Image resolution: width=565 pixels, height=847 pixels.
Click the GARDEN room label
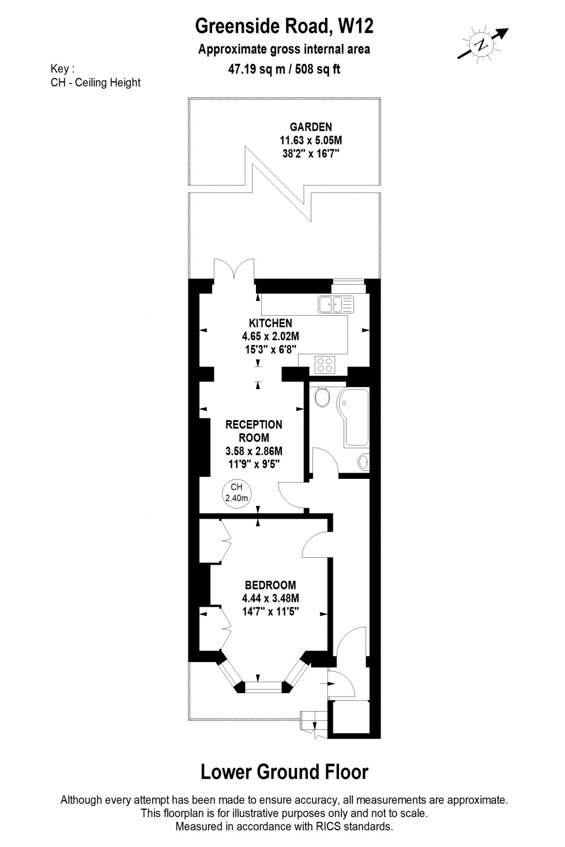311,127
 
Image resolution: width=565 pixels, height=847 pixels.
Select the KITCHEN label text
270,323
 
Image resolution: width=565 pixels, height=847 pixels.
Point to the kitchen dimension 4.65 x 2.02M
270,336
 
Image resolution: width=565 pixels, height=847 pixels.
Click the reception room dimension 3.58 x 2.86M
254,451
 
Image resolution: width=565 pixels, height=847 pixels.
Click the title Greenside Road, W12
284,26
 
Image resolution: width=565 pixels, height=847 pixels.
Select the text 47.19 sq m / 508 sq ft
284,70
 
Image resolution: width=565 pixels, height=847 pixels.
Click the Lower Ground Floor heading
284,772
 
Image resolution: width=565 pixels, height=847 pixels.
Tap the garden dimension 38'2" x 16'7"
311,153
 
